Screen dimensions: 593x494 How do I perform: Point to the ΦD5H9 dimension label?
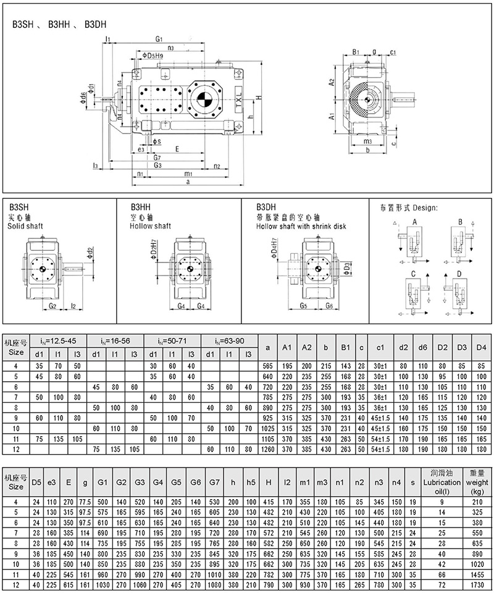pyautogui.click(x=153, y=57)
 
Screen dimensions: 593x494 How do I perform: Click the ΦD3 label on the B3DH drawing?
pyautogui.click(x=347, y=267)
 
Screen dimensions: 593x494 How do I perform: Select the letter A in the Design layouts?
pyautogui.click(x=415, y=221)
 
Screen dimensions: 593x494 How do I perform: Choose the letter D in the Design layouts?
pyautogui.click(x=459, y=272)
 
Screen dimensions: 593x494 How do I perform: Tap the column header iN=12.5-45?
pyautogui.click(x=59, y=341)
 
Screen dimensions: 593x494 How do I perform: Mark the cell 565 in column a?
pyautogui.click(x=267, y=366)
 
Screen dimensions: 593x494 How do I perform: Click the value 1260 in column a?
pyautogui.click(x=267, y=449)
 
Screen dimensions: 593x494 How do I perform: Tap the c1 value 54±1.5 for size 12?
pyautogui.click(x=380, y=449)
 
